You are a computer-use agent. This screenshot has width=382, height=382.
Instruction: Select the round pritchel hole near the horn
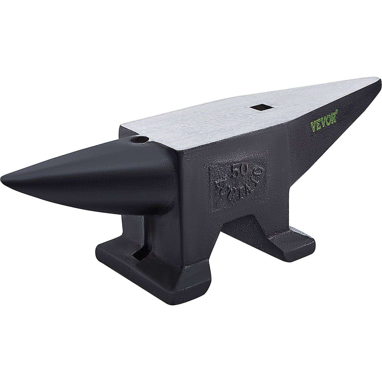click(x=138, y=139)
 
